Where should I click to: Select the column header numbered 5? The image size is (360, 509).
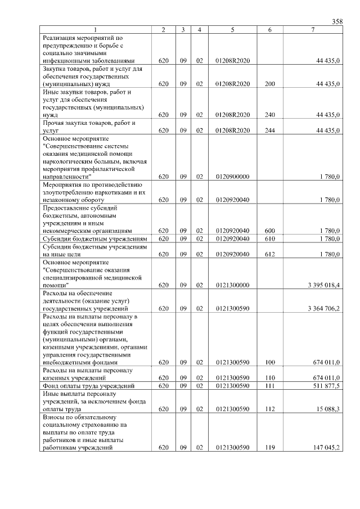(232, 29)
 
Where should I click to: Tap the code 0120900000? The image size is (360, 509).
(232, 177)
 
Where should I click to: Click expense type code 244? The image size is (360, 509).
(269, 130)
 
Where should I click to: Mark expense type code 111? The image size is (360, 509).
(269, 385)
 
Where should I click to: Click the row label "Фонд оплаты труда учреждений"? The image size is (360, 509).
(88, 385)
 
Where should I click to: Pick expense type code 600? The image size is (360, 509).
(269, 231)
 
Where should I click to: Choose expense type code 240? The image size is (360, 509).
(269, 115)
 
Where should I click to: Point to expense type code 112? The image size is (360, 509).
(269, 408)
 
